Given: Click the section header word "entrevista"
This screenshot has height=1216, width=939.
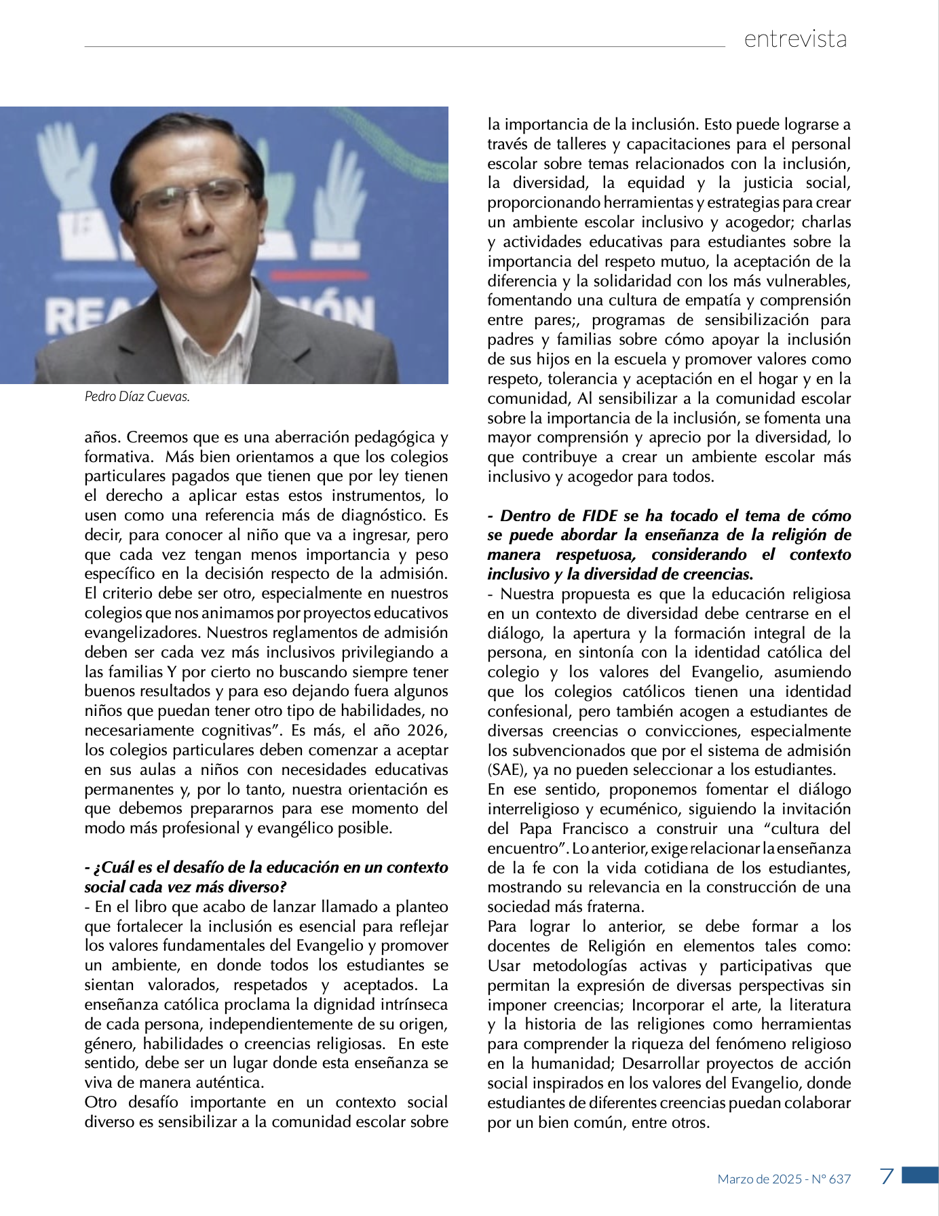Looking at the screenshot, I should coord(795,39).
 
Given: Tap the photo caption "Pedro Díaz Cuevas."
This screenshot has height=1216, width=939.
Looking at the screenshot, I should coord(137,396).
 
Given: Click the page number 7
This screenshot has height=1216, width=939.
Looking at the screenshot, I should coord(886,1176).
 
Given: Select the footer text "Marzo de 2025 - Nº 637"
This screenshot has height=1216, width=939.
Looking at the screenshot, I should coord(784,1179).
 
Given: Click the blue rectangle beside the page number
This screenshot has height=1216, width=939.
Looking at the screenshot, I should coord(920,1175).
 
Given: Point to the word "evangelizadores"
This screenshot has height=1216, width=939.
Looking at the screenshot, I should coord(143,632).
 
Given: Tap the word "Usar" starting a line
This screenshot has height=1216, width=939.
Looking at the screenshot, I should coord(503,966).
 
